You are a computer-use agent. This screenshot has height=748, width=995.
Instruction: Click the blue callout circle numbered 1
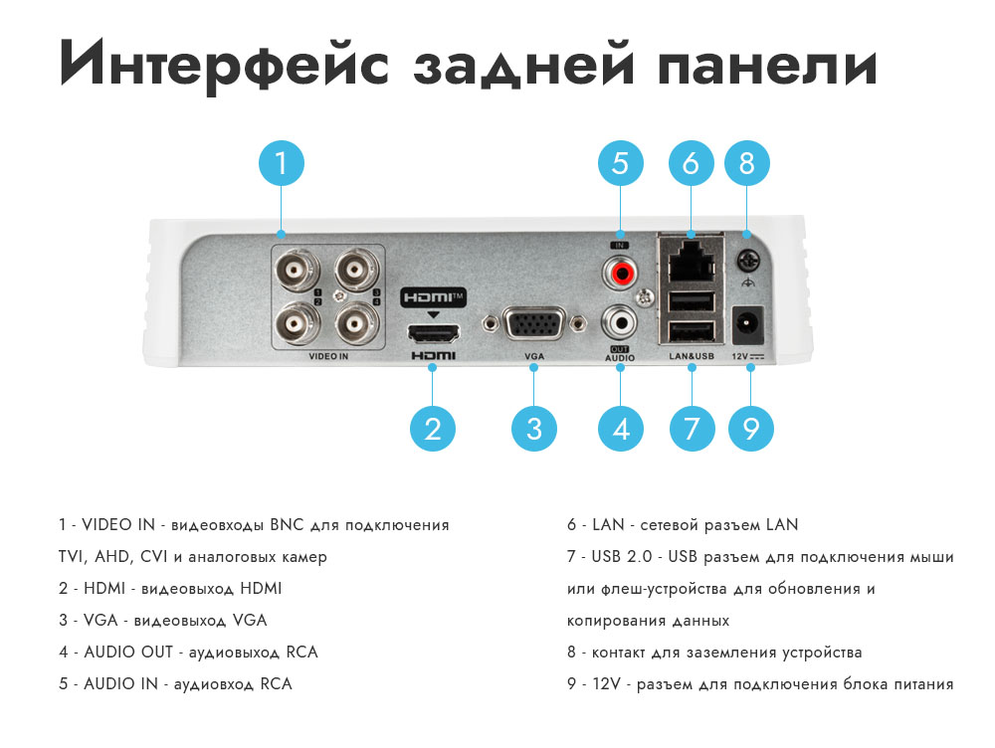(282, 163)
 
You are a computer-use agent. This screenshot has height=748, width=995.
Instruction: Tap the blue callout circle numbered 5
(621, 163)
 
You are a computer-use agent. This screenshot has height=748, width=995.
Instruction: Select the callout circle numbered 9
(750, 429)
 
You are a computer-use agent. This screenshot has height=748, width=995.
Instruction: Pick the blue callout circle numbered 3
(534, 429)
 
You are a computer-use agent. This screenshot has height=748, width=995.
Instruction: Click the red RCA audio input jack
(620, 273)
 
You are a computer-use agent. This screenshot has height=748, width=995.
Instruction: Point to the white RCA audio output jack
(620, 323)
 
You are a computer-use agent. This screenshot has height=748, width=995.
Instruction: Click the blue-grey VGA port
(533, 323)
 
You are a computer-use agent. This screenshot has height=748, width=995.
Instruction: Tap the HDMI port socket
(434, 333)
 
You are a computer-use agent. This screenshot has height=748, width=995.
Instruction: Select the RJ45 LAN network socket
(692, 261)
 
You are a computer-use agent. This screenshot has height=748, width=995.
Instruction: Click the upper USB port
(692, 302)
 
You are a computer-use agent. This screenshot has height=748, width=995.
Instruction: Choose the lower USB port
(692, 332)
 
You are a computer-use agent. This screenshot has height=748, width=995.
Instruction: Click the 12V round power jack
(748, 325)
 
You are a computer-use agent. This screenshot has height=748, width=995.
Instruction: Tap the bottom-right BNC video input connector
(357, 324)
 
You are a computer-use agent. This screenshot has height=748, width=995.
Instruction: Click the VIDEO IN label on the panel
(328, 356)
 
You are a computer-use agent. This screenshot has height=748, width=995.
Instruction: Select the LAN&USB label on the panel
(692, 356)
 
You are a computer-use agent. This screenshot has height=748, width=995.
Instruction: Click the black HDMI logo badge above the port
(434, 297)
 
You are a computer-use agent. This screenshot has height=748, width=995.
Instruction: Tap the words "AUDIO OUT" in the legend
(128, 653)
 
